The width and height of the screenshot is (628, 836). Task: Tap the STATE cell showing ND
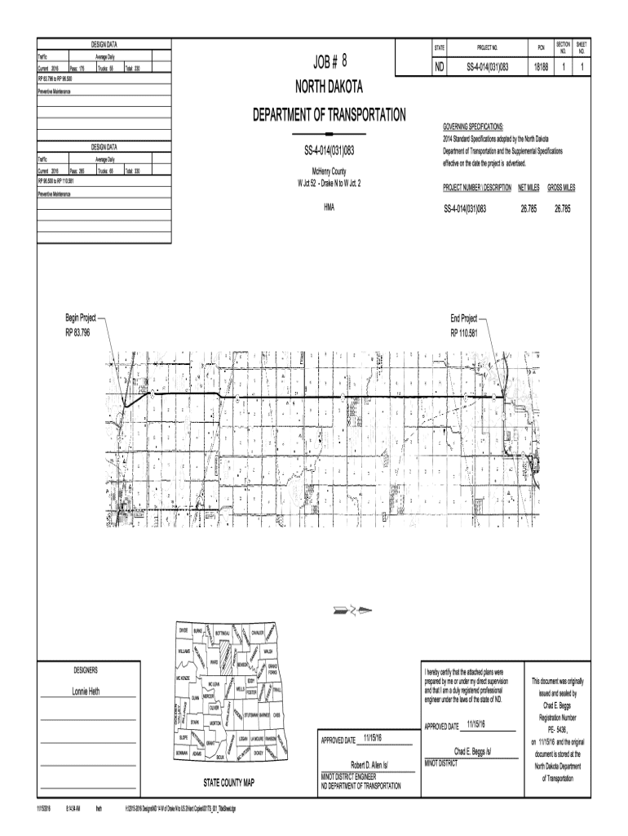(x=440, y=66)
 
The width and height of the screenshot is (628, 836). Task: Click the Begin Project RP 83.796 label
(x=82, y=327)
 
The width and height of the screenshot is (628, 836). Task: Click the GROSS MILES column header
(x=561, y=188)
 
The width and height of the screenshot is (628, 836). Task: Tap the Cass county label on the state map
(x=277, y=716)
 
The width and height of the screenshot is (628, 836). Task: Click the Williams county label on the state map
(x=184, y=651)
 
